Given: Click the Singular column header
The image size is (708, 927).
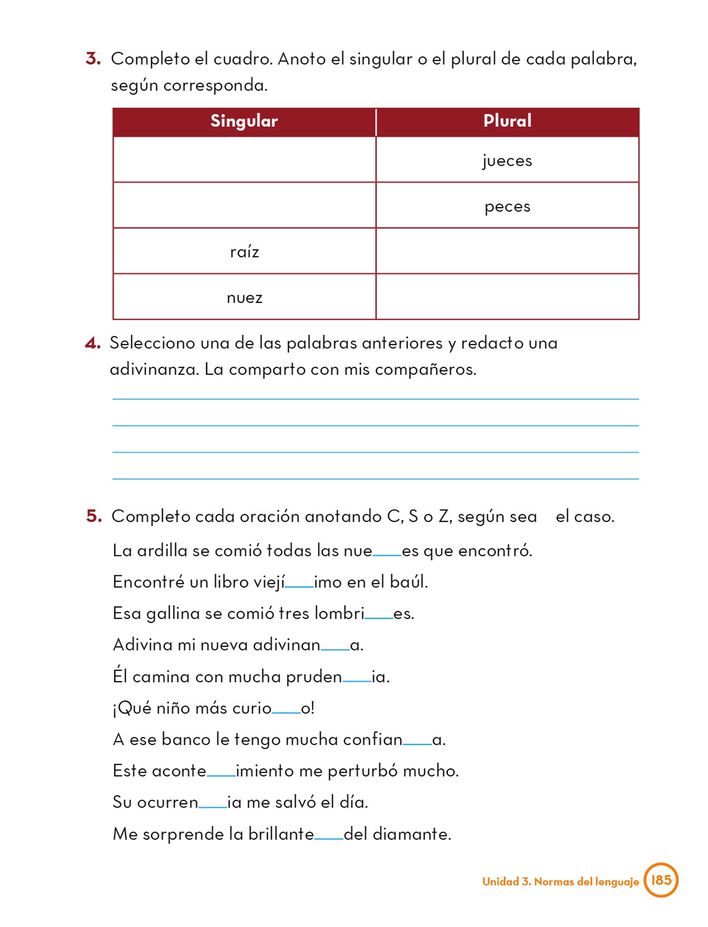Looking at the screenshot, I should (244, 121).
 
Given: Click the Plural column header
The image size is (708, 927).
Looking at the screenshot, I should (507, 121).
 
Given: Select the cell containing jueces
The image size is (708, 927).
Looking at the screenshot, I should (507, 160).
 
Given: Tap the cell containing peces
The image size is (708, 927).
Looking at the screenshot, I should (507, 206).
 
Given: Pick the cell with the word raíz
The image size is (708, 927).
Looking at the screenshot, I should (244, 251).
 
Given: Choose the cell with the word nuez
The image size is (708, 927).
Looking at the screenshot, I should (244, 297).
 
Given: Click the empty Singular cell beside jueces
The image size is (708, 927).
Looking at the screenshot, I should (244, 160).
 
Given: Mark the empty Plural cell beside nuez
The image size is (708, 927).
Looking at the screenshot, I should (507, 297).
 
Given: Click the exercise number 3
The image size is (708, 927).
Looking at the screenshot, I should (93, 59).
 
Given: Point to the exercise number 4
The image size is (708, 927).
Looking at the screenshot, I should (92, 343).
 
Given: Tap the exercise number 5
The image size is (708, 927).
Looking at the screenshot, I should (94, 516).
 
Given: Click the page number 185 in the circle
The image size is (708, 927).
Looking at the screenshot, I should (661, 880).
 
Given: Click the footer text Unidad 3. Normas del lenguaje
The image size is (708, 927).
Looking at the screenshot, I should (560, 881).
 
